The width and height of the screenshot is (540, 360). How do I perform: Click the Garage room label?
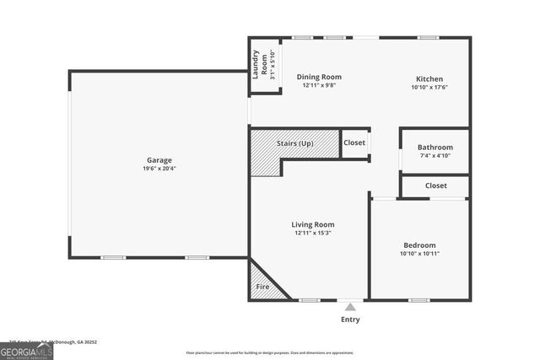(159, 159)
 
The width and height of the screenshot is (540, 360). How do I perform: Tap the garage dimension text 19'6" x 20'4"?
(159, 169)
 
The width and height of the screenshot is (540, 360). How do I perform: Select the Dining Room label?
(319, 77)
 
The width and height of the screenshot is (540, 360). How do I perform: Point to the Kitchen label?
(429, 77)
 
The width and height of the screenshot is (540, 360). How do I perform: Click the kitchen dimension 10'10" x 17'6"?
(429, 87)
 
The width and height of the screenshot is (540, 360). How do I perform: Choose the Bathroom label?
(435, 147)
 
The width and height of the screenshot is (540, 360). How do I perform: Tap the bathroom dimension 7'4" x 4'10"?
(435, 156)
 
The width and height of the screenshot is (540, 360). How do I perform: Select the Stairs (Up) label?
(294, 143)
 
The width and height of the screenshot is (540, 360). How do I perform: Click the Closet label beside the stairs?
(354, 142)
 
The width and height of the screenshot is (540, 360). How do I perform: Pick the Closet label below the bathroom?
(435, 185)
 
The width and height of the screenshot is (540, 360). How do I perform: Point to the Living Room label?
(313, 224)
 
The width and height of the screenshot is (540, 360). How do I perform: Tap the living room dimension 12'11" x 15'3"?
(313, 234)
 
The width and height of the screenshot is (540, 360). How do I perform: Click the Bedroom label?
(418, 244)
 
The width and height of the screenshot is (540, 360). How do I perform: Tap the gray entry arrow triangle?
(350, 307)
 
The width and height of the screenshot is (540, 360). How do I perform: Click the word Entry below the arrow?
(350, 320)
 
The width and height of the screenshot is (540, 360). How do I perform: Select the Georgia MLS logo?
(26, 352)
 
